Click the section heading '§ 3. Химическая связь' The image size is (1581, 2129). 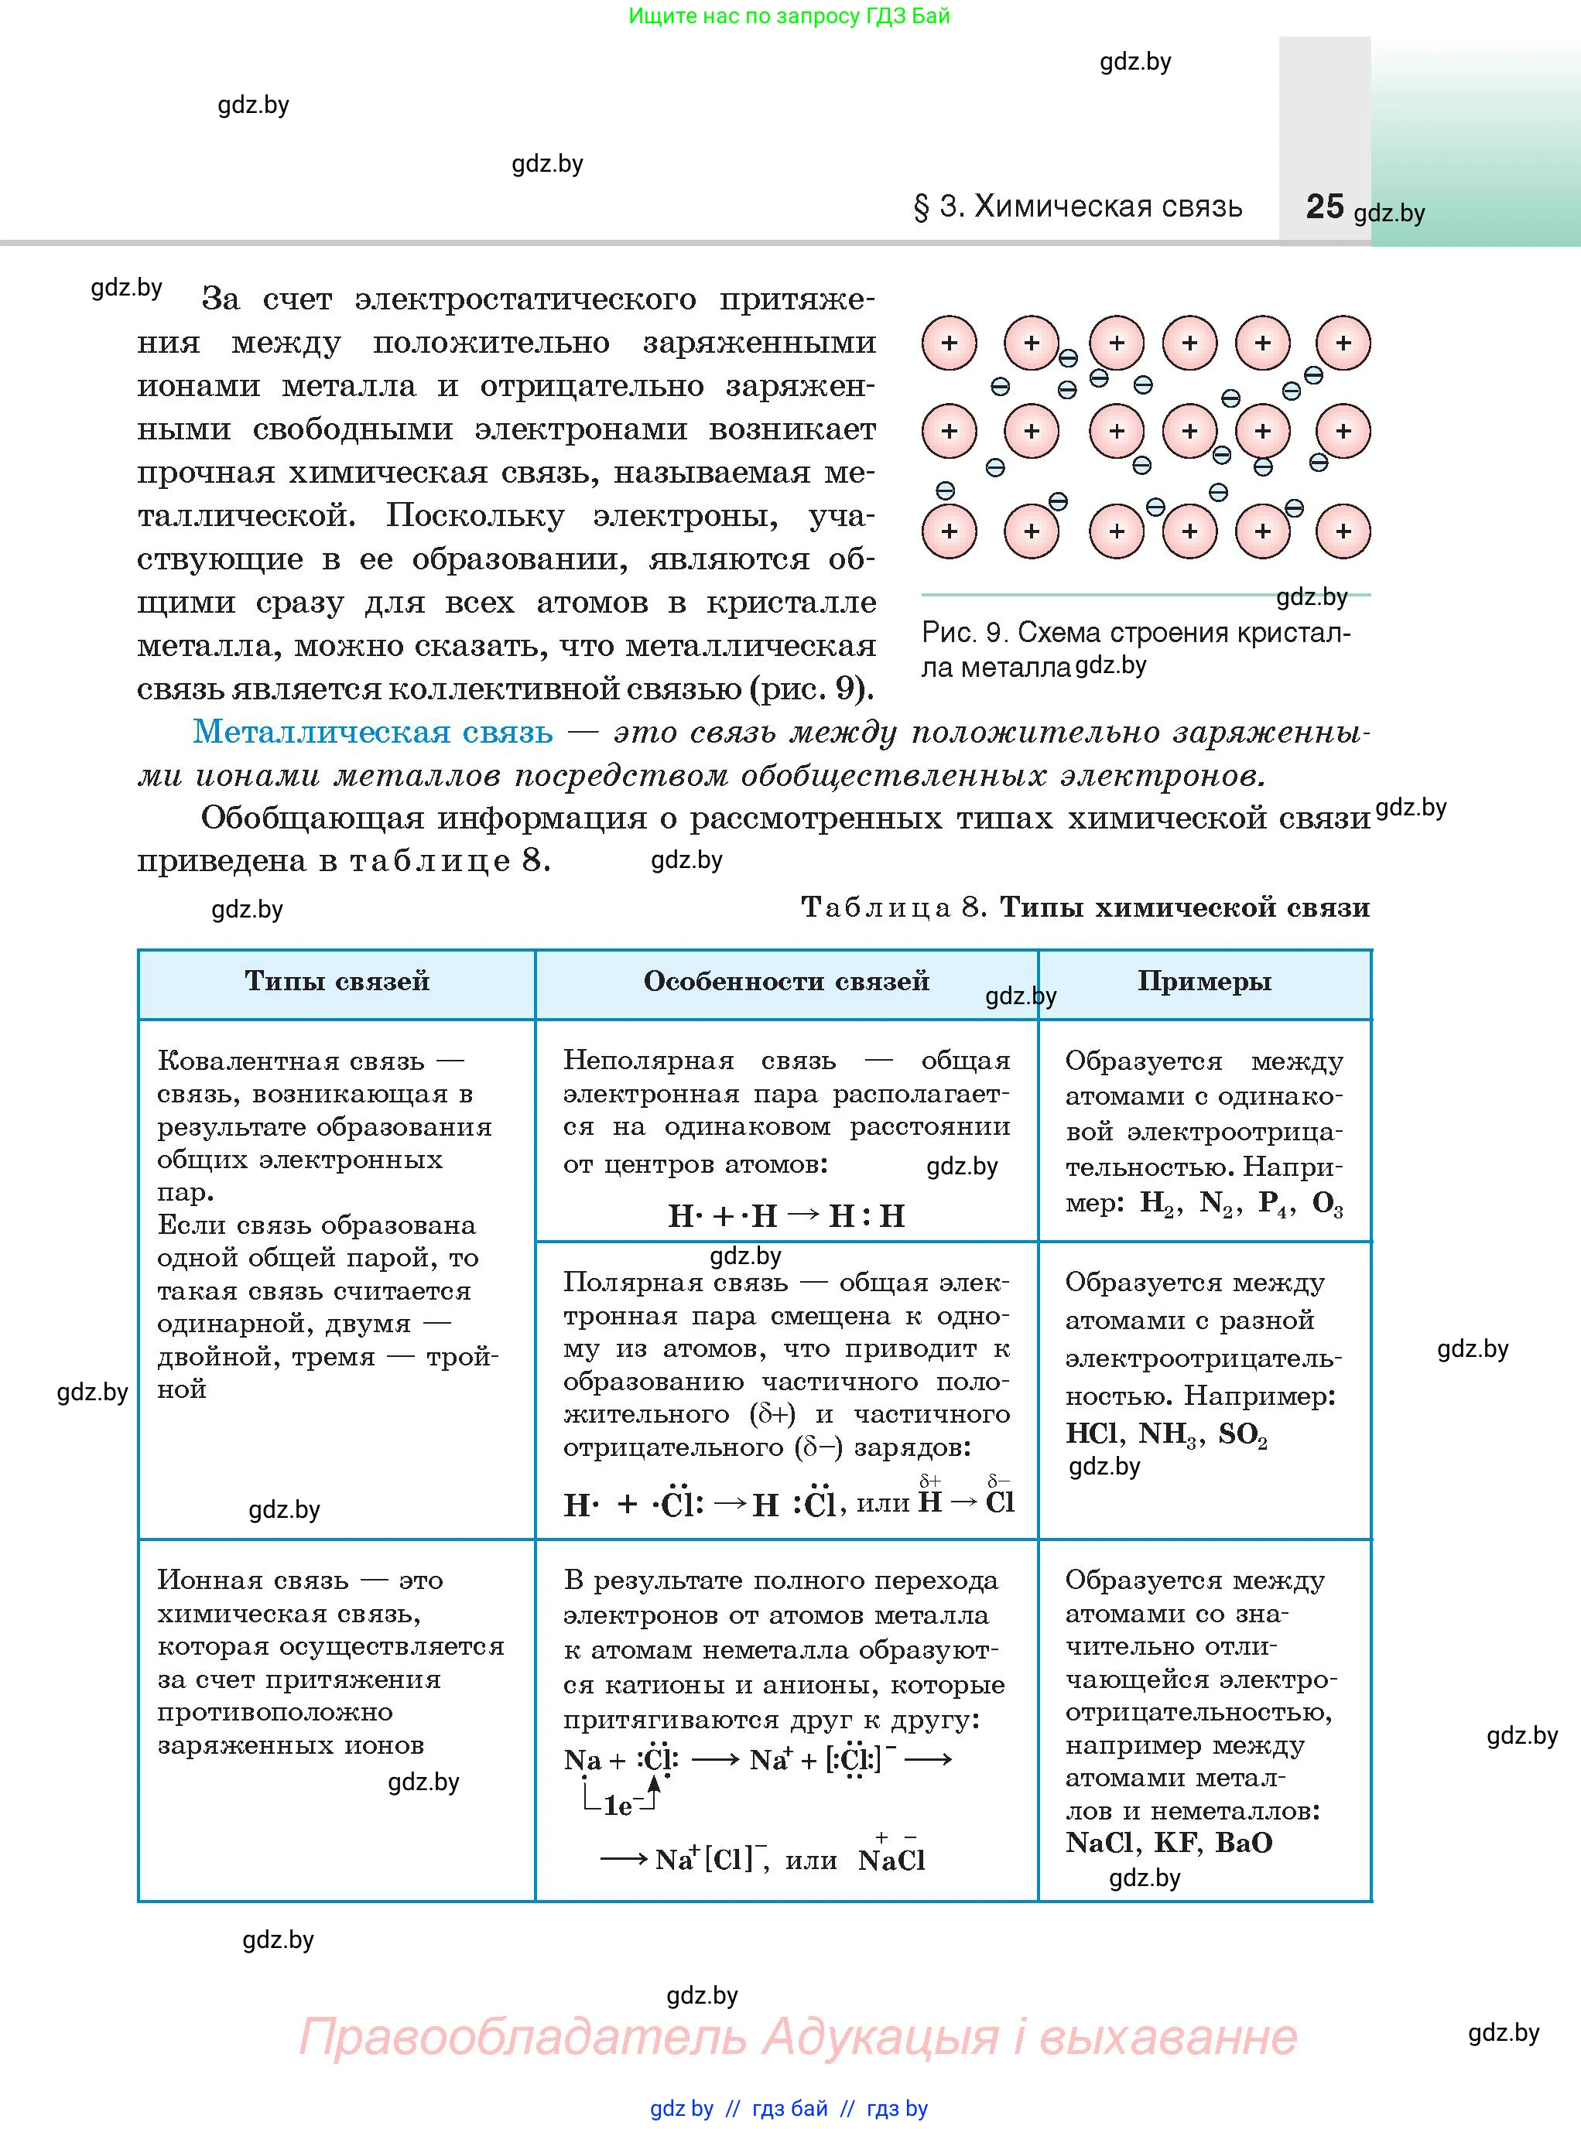click(x=1079, y=207)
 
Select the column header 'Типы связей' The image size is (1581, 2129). click(x=337, y=981)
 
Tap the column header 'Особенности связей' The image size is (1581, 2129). click(x=785, y=981)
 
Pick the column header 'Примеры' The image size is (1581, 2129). click(x=1204, y=981)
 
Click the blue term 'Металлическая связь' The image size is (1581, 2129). click(x=372, y=732)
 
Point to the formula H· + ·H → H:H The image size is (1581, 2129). click(x=785, y=1216)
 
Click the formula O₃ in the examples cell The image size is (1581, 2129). click(x=1326, y=1204)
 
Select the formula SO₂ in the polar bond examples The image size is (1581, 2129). click(x=1242, y=1434)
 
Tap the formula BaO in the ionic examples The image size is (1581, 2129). click(x=1243, y=1842)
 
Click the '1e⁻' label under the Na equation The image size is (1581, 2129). click(x=620, y=1806)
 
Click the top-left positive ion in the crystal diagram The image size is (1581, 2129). click(x=949, y=343)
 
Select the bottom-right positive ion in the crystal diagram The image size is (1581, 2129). click(x=1343, y=531)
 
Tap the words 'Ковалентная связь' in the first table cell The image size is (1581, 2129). click(x=290, y=1061)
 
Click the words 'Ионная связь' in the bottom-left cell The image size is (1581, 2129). click(x=252, y=1580)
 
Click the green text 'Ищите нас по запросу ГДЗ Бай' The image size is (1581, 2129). click(x=789, y=16)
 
